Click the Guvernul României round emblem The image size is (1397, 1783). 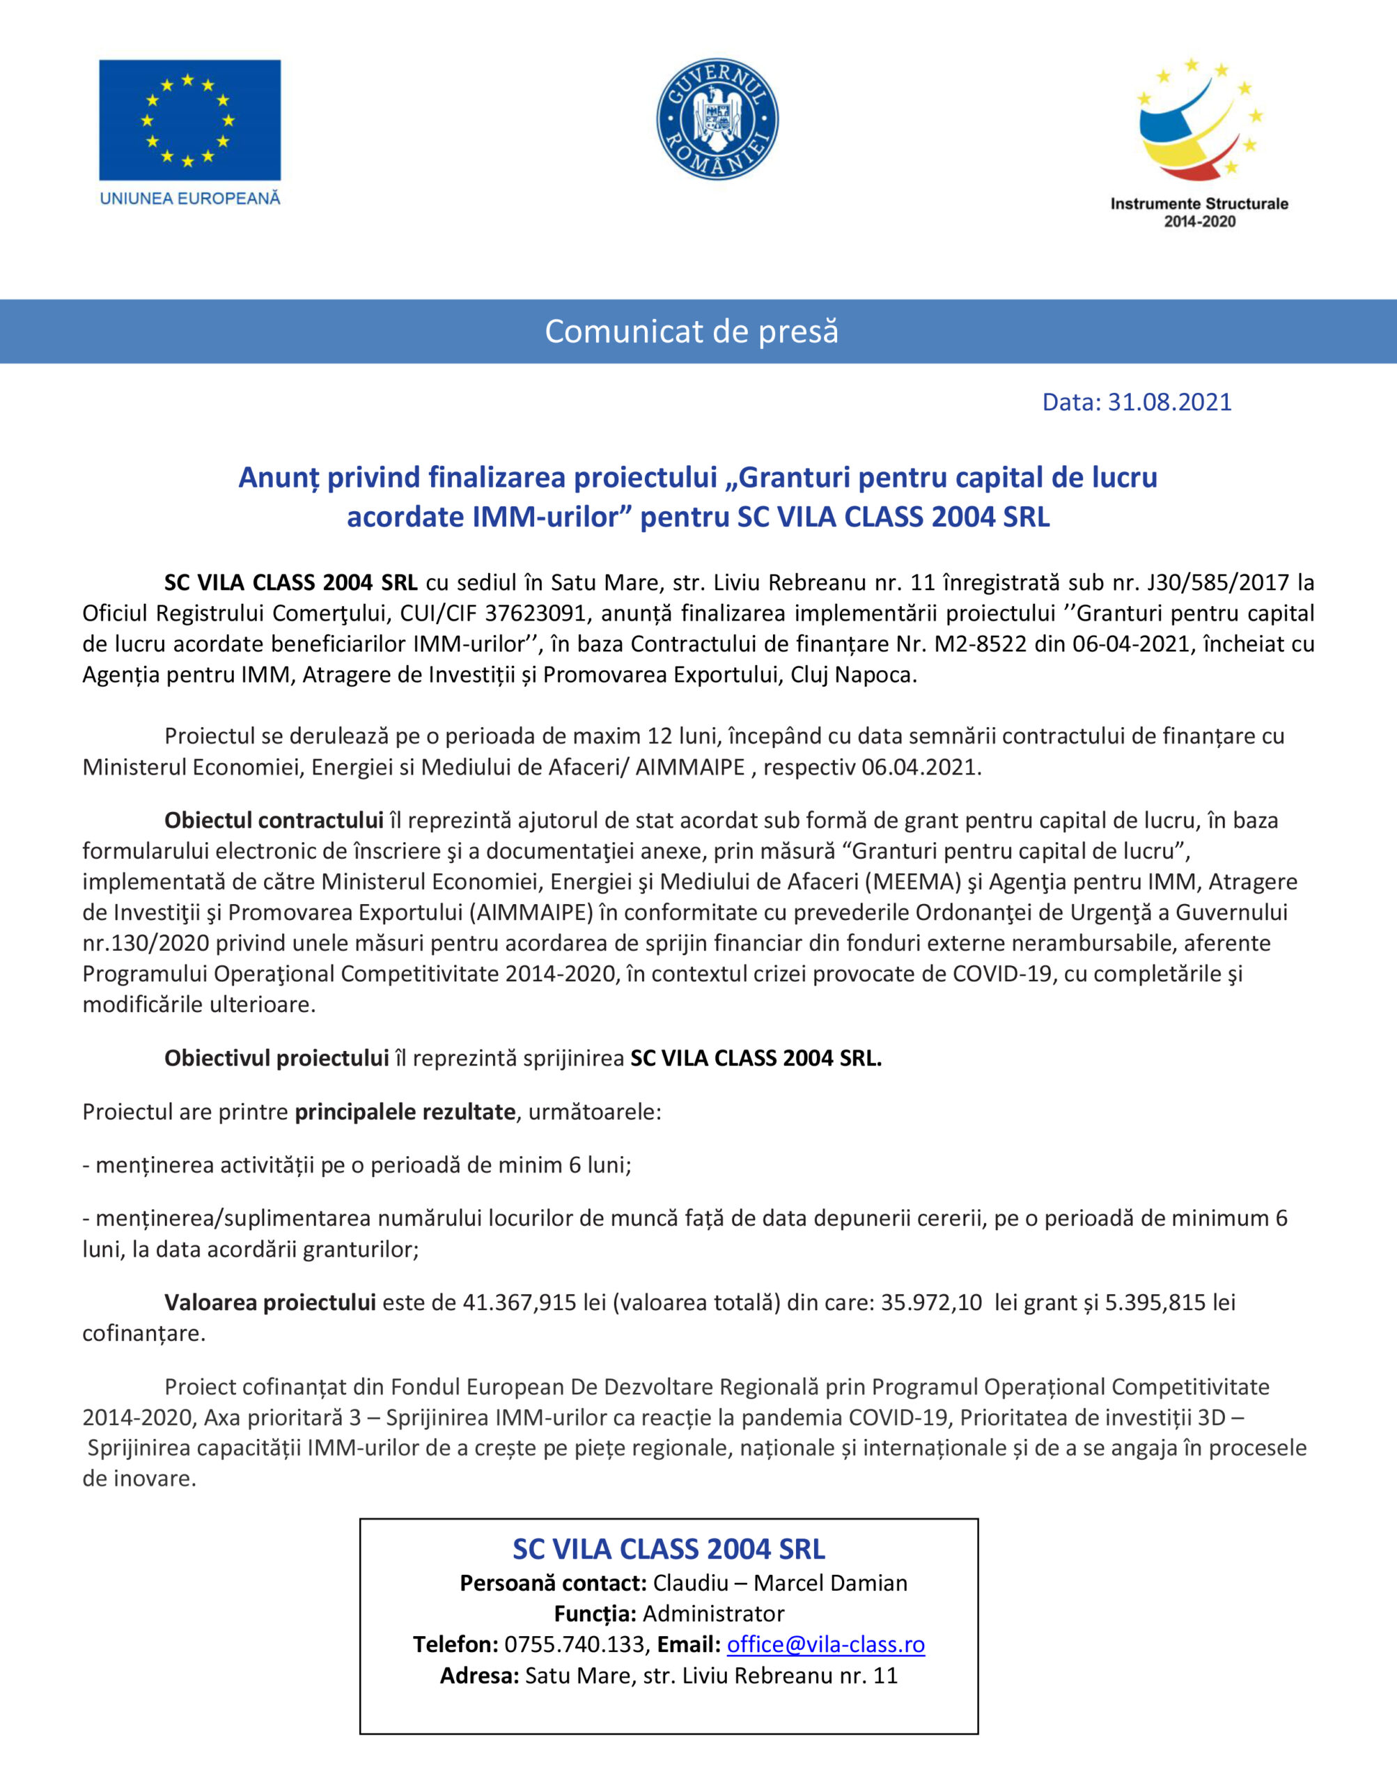[717, 118]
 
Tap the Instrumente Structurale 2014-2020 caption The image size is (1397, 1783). [1199, 212]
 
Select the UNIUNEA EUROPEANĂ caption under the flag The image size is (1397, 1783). [189, 198]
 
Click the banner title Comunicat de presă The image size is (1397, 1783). [692, 332]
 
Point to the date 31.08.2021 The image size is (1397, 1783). [1169, 402]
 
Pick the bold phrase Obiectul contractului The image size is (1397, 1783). [274, 820]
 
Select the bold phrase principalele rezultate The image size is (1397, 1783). [405, 1112]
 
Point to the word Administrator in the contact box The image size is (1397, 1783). [713, 1613]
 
